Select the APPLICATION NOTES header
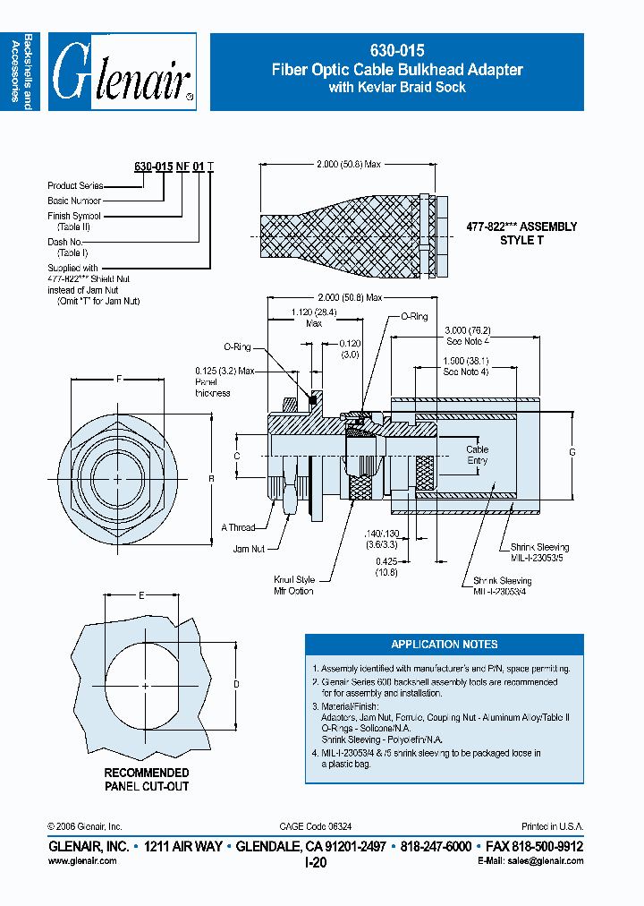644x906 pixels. click(x=445, y=645)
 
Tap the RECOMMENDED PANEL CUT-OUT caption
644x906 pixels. click(x=147, y=779)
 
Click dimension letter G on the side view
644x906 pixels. click(x=572, y=452)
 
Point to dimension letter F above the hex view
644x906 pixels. click(x=119, y=379)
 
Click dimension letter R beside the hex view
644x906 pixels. click(x=211, y=479)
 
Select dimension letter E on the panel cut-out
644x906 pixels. click(x=140, y=594)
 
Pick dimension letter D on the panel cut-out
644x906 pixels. click(x=236, y=684)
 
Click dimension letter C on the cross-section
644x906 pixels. click(x=236, y=456)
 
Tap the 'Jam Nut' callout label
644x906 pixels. click(x=249, y=548)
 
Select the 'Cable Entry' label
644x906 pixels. click(x=478, y=456)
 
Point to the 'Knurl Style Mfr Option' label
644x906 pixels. click(x=294, y=585)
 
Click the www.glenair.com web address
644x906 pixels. click(x=81, y=860)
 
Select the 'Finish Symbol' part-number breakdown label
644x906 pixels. click(x=74, y=216)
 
